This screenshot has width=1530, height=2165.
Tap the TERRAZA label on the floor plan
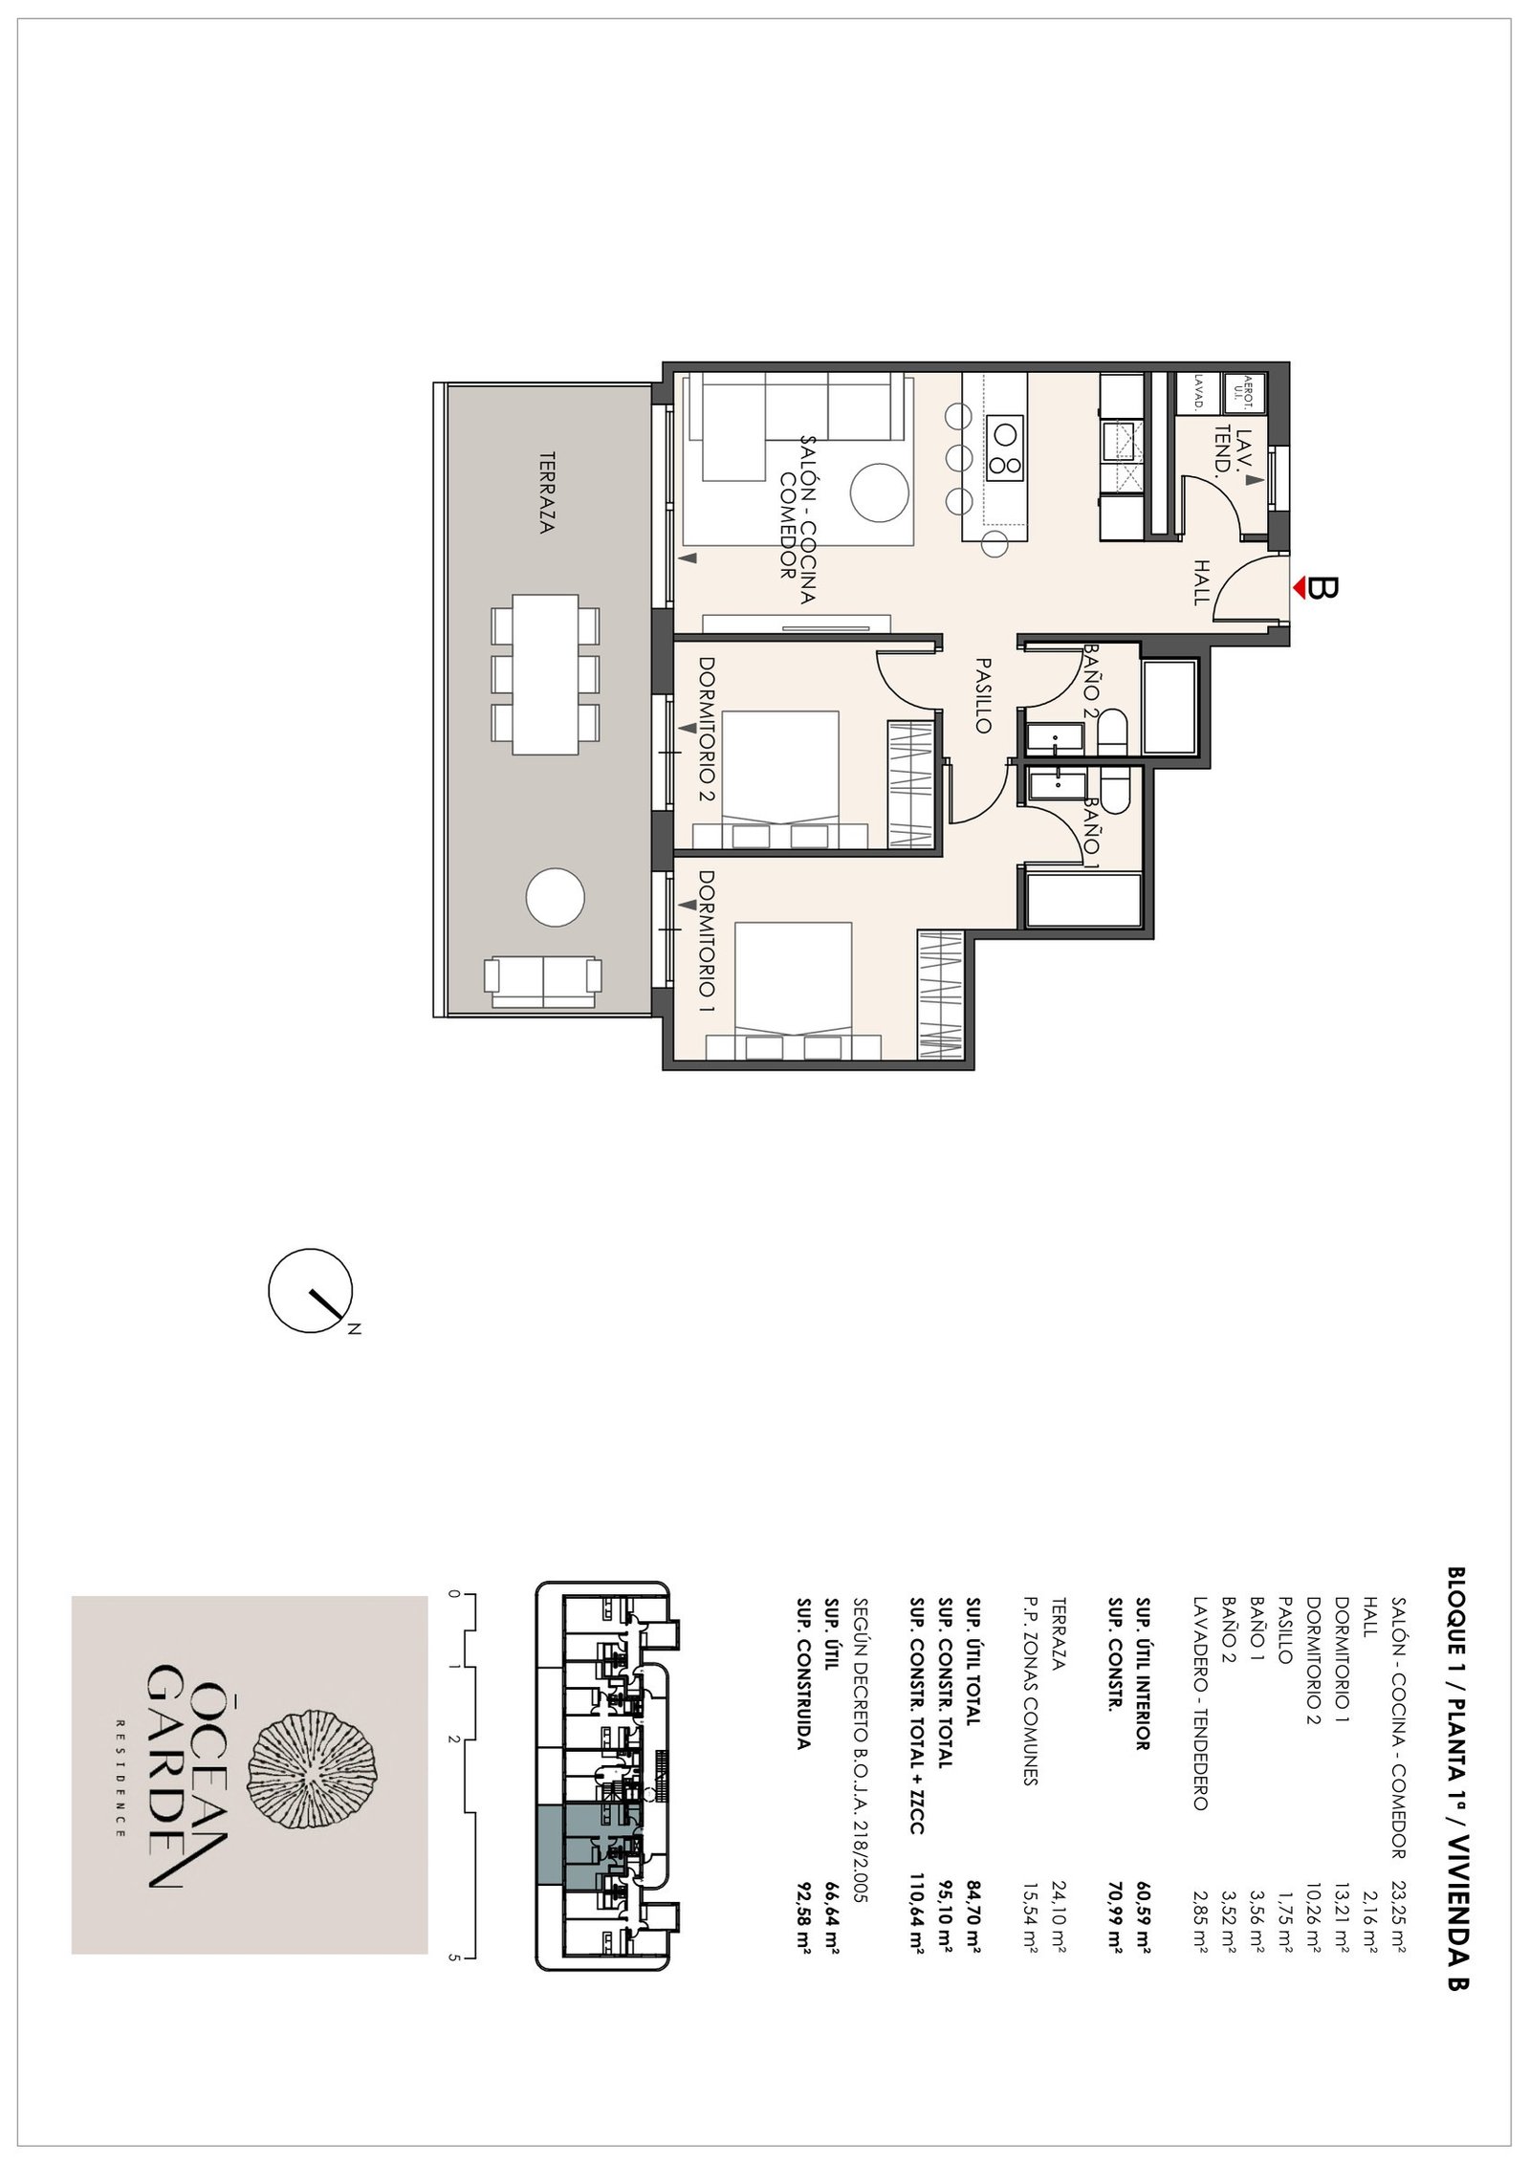pos(547,492)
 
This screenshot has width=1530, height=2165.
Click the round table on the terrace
pos(555,897)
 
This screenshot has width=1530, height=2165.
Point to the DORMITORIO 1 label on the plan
pos(708,941)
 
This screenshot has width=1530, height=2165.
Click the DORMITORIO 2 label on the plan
pos(708,729)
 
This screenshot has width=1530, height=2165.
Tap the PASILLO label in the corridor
pos(982,694)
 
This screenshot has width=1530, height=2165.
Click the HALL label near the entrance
pos(1201,582)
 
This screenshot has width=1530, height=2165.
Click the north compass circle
pos(310,1291)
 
